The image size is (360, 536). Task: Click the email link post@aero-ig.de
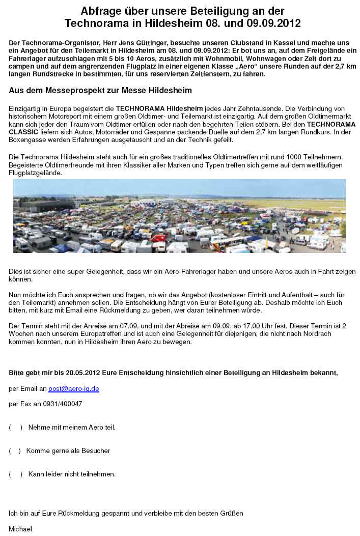click(73, 388)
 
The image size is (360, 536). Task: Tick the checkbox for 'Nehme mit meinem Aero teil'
click(16, 427)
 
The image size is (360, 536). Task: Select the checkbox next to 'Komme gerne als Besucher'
click(15, 450)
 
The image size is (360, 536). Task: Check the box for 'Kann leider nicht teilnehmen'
click(16, 474)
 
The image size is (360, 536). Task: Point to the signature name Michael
click(20, 529)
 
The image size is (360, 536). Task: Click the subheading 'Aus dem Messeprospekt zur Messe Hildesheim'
click(100, 91)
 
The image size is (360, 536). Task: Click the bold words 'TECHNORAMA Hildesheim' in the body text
click(159, 109)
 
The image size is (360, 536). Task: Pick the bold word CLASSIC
click(24, 132)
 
